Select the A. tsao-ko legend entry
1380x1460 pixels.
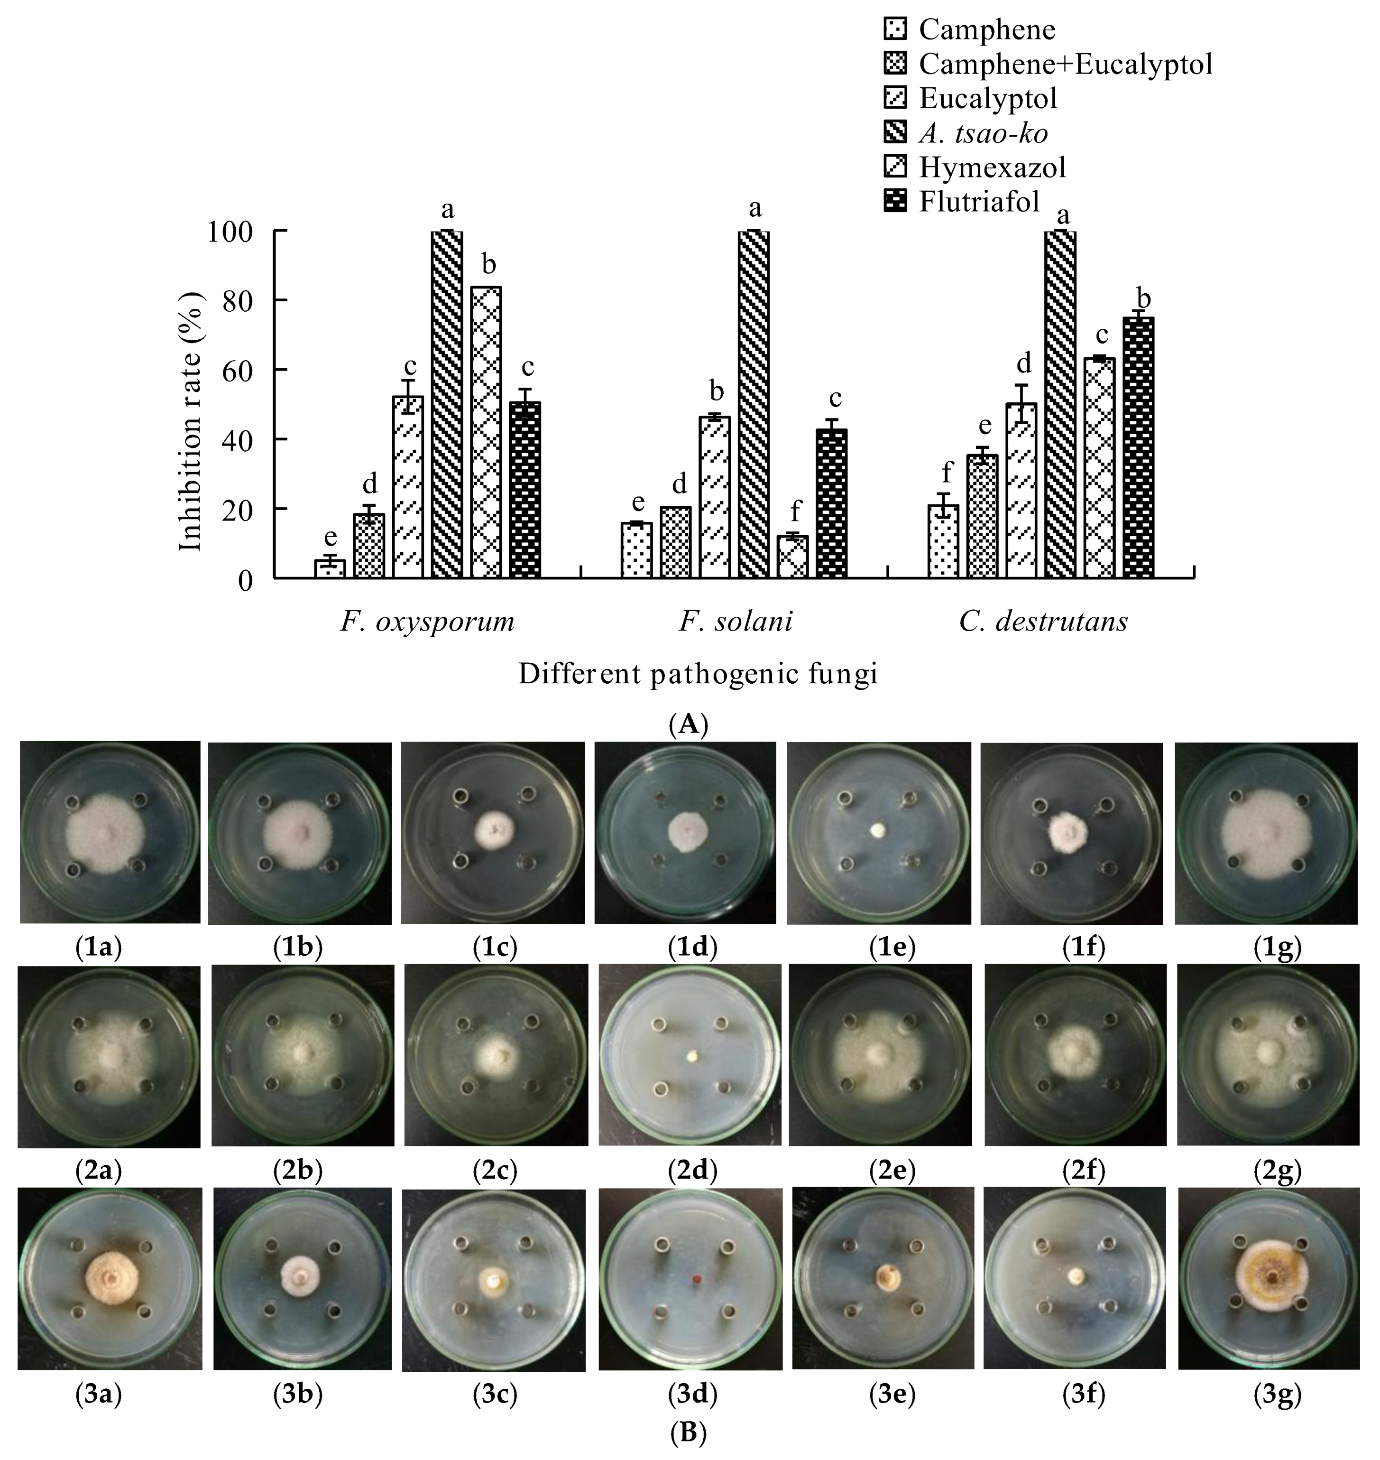[x=983, y=133]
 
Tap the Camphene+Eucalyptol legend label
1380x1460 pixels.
[x=1065, y=64]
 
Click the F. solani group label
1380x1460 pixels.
[x=735, y=622]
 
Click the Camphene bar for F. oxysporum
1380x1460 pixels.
[x=330, y=568]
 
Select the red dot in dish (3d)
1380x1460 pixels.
[x=694, y=1281]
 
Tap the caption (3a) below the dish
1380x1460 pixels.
[x=99, y=1394]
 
